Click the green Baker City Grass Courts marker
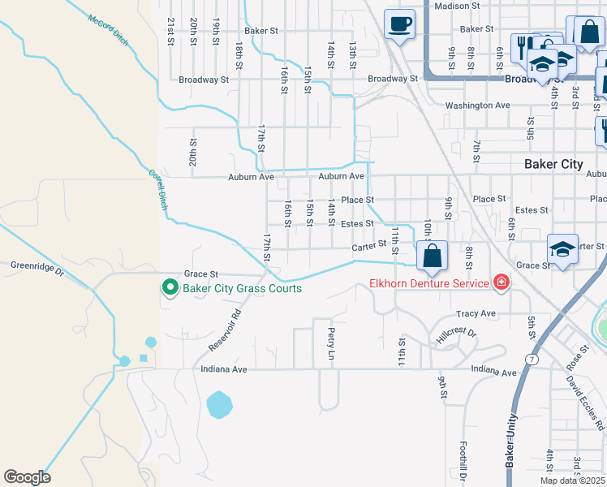coord(170,288)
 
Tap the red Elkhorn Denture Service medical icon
coord(502,283)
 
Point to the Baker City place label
coord(553,164)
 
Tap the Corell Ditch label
coord(157,189)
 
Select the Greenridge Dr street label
coord(37,265)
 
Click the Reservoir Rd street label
coord(225,330)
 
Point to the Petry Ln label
coord(331,344)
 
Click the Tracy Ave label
coord(476,313)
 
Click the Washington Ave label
coord(477,106)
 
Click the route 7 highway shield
coord(531,358)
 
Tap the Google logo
coord(27,477)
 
